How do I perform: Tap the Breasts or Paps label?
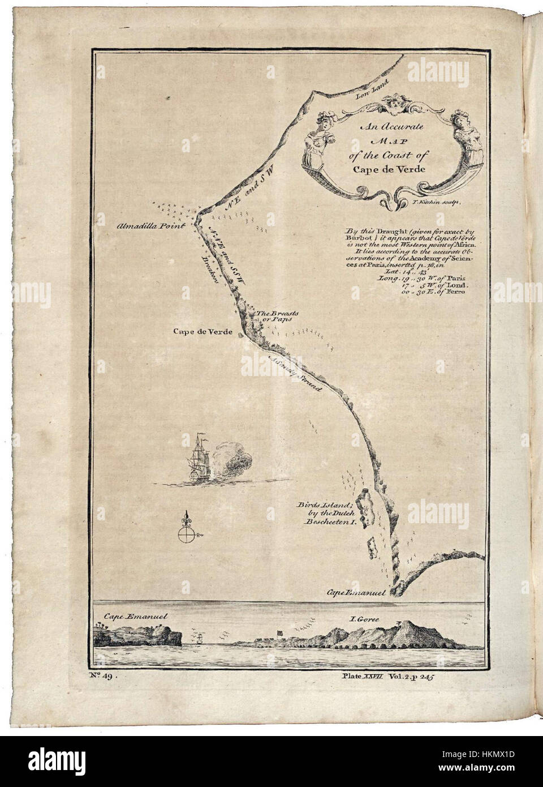pyautogui.click(x=274, y=316)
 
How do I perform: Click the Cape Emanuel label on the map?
pyautogui.click(x=356, y=593)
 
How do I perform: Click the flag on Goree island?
pyautogui.click(x=281, y=631)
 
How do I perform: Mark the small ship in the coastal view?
pyautogui.click(x=201, y=638)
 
